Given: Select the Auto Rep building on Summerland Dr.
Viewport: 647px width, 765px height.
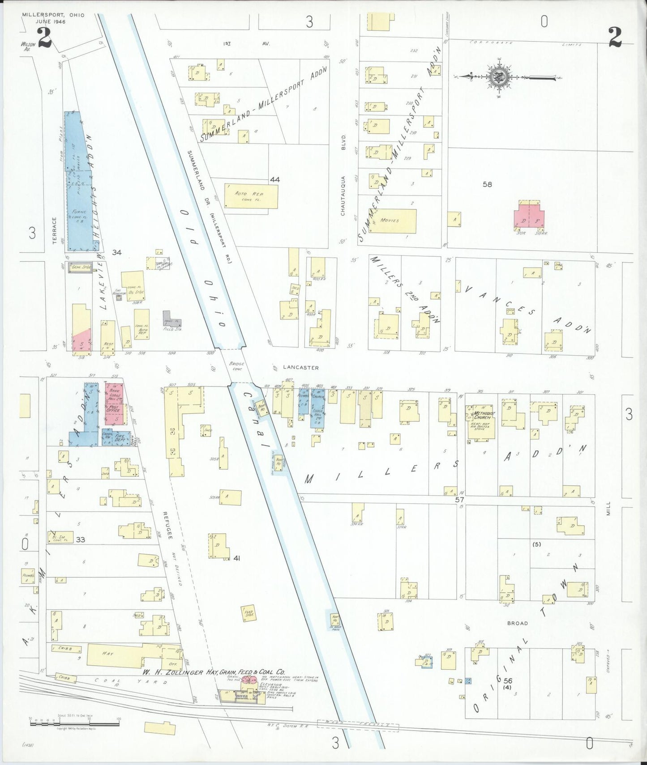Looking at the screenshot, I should tap(251, 196).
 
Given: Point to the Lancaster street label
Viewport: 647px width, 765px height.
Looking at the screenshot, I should tap(300, 368).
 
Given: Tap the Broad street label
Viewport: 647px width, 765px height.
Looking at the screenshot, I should tap(517, 623).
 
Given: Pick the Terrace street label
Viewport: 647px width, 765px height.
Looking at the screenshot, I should tap(55, 230).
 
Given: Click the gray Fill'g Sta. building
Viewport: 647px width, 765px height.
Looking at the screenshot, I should tap(172, 318).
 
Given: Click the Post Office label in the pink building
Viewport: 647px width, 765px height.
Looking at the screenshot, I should tap(113, 408).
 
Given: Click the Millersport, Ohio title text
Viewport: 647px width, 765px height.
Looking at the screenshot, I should tap(53, 15).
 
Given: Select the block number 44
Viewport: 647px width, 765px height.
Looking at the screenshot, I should tap(274, 179).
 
